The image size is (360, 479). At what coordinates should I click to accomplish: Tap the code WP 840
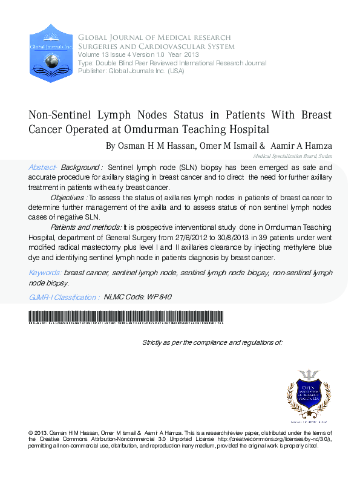point(158,297)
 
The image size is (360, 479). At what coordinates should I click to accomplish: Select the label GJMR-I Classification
point(64,297)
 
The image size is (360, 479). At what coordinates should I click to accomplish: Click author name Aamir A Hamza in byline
point(301,146)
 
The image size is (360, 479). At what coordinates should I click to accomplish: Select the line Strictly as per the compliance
point(212,342)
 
